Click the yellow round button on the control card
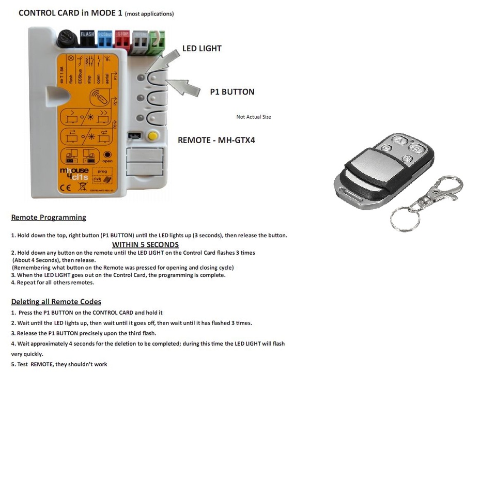152,136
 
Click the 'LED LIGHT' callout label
202,49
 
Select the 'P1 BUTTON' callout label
232,92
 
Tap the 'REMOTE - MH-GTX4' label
216,140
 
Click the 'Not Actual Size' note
253,117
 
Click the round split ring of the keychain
402,220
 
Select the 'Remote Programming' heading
49,218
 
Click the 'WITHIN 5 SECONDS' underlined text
145,244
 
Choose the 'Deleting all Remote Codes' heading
56,302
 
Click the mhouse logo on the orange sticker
74,173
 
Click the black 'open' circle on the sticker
107,154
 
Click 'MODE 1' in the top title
106,13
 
